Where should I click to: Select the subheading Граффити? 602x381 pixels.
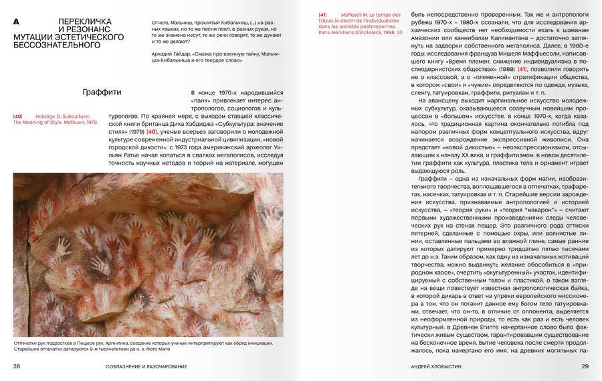[x=102, y=92]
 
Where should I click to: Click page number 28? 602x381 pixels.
[x=17, y=366]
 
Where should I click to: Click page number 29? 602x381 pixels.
[x=584, y=366]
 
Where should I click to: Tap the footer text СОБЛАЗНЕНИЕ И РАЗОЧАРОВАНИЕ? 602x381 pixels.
[x=146, y=366]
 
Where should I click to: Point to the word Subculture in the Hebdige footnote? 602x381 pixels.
[x=85, y=116]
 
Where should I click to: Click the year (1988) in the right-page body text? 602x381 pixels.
[x=499, y=69]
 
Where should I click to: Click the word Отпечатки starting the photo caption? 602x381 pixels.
[x=27, y=343]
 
